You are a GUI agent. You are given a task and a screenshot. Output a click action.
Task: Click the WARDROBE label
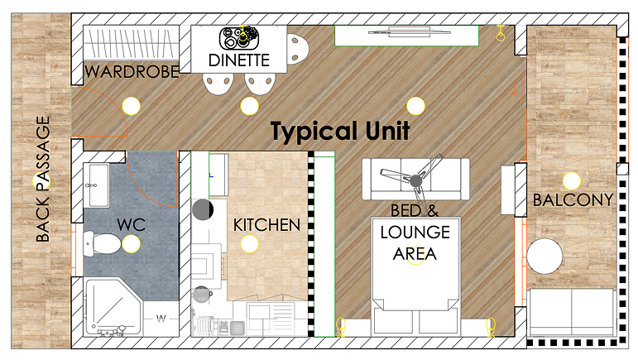(132, 72)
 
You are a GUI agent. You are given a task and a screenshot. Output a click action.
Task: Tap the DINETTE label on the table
(239, 60)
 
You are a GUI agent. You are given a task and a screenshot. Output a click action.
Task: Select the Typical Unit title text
(340, 131)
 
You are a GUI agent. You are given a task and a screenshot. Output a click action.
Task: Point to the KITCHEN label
(266, 225)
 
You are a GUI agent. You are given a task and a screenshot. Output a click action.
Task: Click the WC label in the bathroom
(131, 224)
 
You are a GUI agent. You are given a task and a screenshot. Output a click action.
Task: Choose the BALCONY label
(573, 199)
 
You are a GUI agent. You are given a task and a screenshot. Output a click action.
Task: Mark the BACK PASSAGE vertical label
(43, 179)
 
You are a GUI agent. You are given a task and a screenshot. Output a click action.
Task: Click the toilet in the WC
(102, 243)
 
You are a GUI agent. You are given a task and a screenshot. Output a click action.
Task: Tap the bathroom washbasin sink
(98, 185)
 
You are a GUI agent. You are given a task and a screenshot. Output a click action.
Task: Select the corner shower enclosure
(113, 307)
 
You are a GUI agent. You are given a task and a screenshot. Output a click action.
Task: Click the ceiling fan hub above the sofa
(415, 180)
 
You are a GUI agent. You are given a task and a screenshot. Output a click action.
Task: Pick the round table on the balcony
(544, 257)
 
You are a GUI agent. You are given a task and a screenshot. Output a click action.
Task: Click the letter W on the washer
(161, 318)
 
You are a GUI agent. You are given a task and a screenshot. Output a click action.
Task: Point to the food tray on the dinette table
(240, 38)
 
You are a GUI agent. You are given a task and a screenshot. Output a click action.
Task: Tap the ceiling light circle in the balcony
(571, 181)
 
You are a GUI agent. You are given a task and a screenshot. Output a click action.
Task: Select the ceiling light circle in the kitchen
(249, 244)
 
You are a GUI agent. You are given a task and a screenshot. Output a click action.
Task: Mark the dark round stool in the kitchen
(203, 210)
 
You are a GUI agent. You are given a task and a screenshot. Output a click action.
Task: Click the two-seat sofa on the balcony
(571, 312)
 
